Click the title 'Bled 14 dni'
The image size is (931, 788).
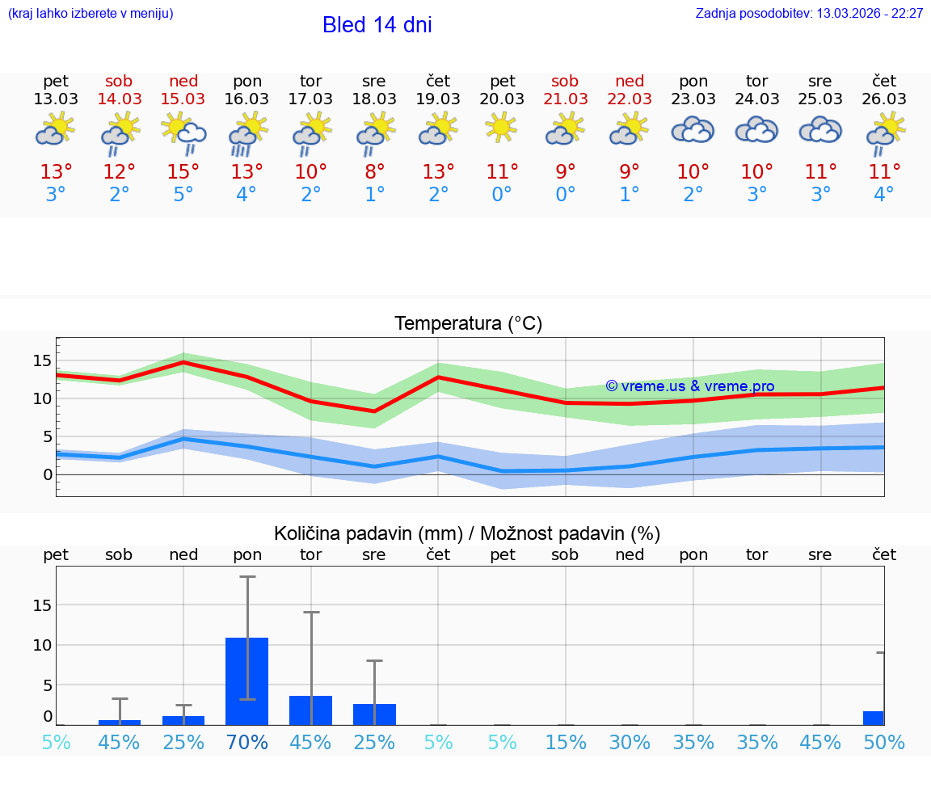point(377,25)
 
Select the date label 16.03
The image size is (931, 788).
point(246,99)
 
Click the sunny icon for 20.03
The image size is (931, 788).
point(502,127)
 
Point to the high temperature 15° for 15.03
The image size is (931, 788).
point(183,172)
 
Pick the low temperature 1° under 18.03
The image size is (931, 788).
point(374,195)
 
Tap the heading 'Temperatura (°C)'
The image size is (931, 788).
point(468,324)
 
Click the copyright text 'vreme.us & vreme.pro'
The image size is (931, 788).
point(690,386)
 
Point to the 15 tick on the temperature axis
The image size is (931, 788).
point(42,360)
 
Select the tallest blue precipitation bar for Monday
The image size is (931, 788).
point(246,681)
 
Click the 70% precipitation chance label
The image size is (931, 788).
point(246,742)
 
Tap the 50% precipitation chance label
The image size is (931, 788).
point(884,742)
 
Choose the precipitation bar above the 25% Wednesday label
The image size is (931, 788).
point(374,714)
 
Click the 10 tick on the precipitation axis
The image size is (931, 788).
point(42,645)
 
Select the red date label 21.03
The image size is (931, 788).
point(565,99)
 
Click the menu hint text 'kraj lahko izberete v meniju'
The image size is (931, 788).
point(91,14)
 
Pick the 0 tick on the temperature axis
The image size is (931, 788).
point(47,474)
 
